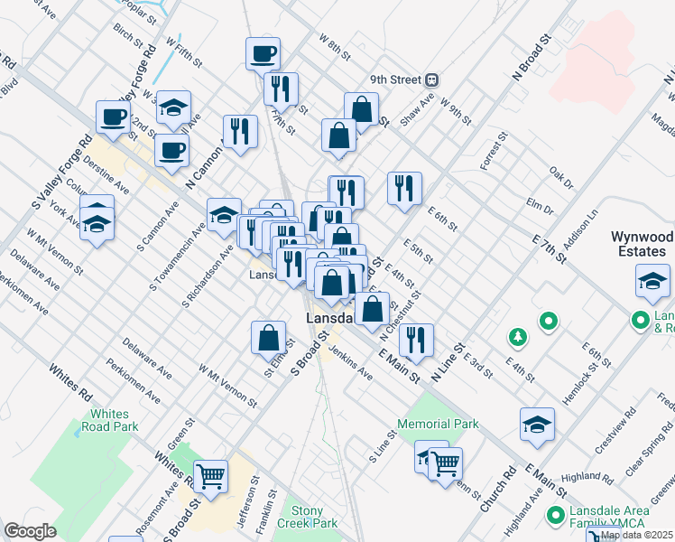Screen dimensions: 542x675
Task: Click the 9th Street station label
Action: (393, 79)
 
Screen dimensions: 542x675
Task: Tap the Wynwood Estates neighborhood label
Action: (642, 244)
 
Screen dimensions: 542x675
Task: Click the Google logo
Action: (30, 531)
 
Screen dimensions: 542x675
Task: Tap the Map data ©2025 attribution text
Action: (637, 535)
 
